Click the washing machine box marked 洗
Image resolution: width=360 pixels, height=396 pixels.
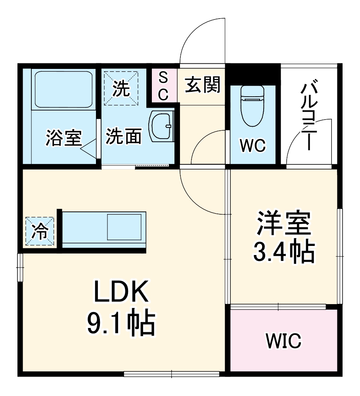pos(121,88)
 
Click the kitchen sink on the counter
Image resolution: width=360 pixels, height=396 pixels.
pos(124,227)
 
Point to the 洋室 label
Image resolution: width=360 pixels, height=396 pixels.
pos(283,224)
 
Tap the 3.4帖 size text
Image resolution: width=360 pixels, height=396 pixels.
pos(284,251)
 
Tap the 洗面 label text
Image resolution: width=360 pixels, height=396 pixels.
pos(123,137)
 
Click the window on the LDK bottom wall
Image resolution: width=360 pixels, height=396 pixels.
pos(171,373)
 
